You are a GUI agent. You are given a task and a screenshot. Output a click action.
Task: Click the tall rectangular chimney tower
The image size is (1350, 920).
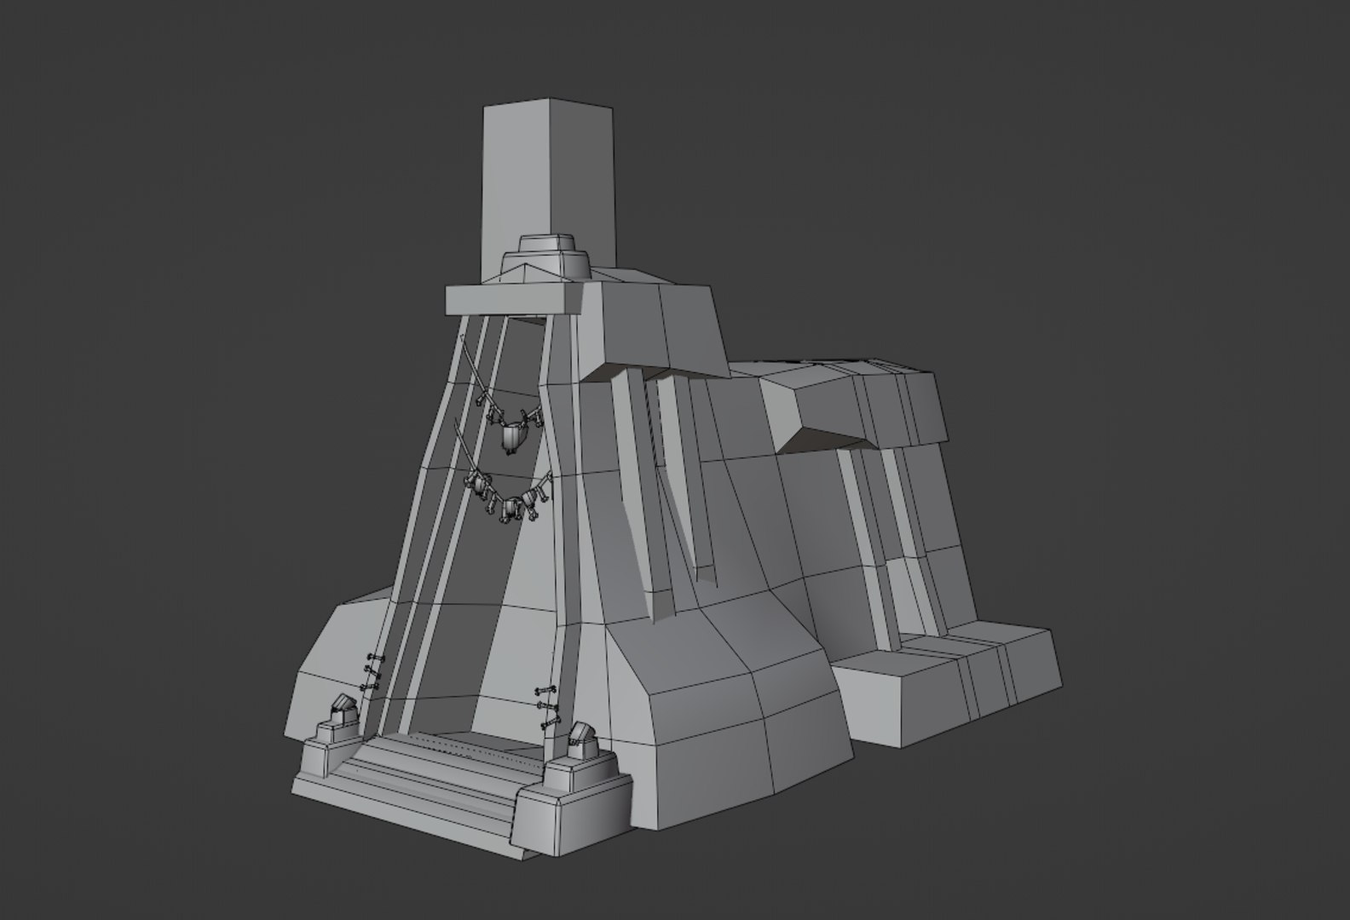[x=545, y=179]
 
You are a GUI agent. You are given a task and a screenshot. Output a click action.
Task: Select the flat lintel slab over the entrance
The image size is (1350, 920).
[x=511, y=300]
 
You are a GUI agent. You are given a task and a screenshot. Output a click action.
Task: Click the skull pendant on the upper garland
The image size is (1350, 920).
[x=512, y=438]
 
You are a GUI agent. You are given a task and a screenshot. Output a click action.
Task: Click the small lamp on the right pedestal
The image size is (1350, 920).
[x=581, y=739]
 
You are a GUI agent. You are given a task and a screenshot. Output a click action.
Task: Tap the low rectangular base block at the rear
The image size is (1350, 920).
[x=937, y=690]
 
